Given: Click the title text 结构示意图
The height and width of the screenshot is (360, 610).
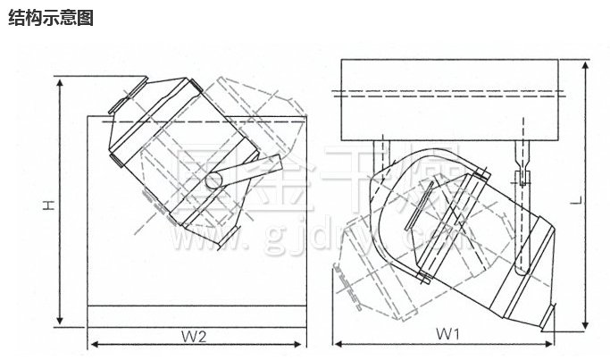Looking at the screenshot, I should tap(50, 18).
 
